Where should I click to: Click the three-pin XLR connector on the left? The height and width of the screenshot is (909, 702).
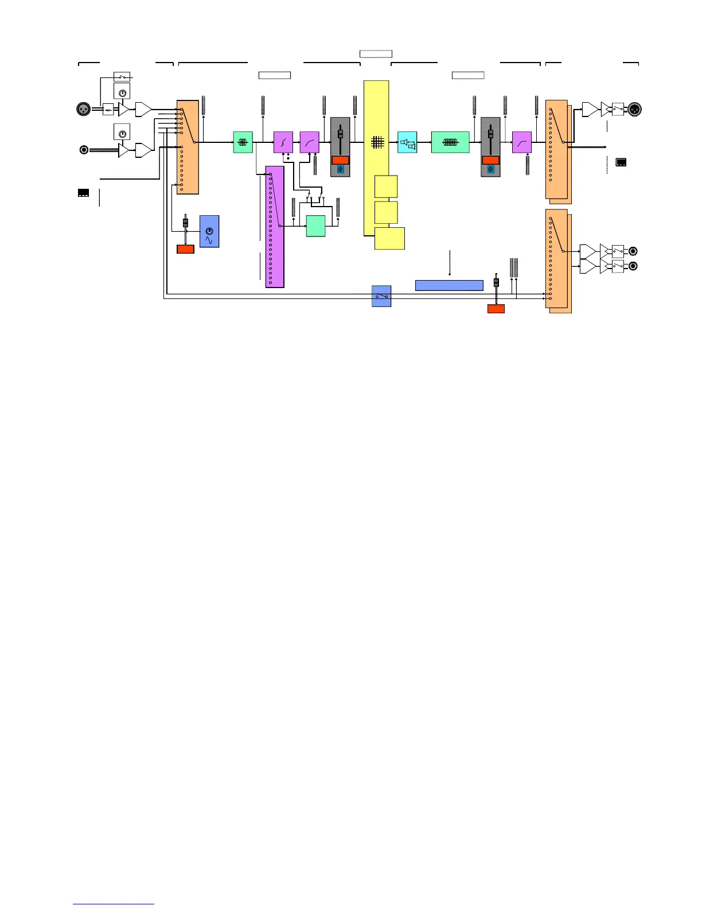pyautogui.click(x=84, y=109)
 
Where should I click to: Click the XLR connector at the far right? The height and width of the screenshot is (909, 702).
pyautogui.click(x=634, y=109)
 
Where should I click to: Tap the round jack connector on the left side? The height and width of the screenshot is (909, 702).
pyautogui.click(x=84, y=150)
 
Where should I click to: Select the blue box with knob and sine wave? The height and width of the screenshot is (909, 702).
pyautogui.click(x=209, y=231)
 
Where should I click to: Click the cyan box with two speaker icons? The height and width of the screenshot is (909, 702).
pyautogui.click(x=407, y=142)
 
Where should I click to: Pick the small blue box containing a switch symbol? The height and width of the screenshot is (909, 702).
pyautogui.click(x=381, y=296)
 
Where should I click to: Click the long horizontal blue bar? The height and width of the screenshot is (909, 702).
pyautogui.click(x=449, y=285)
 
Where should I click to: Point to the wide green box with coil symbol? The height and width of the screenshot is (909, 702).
pyautogui.click(x=450, y=142)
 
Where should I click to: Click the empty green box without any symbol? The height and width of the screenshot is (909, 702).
pyautogui.click(x=315, y=226)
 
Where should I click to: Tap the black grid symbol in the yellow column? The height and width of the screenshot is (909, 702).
pyautogui.click(x=377, y=142)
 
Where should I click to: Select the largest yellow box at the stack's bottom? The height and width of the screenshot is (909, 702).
pyautogui.click(x=389, y=238)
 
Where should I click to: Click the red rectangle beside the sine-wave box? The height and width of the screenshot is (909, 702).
pyautogui.click(x=185, y=249)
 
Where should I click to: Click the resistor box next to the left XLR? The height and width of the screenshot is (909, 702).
pyautogui.click(x=108, y=109)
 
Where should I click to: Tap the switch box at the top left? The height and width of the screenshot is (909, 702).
pyautogui.click(x=122, y=76)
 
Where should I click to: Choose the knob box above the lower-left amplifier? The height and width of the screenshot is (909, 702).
pyautogui.click(x=122, y=131)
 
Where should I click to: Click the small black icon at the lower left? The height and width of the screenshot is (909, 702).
pyautogui.click(x=83, y=193)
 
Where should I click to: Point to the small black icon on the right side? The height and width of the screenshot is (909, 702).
pyautogui.click(x=621, y=162)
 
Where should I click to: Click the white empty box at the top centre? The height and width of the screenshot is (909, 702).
pyautogui.click(x=376, y=54)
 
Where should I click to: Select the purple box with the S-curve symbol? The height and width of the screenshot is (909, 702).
pyautogui.click(x=283, y=142)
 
